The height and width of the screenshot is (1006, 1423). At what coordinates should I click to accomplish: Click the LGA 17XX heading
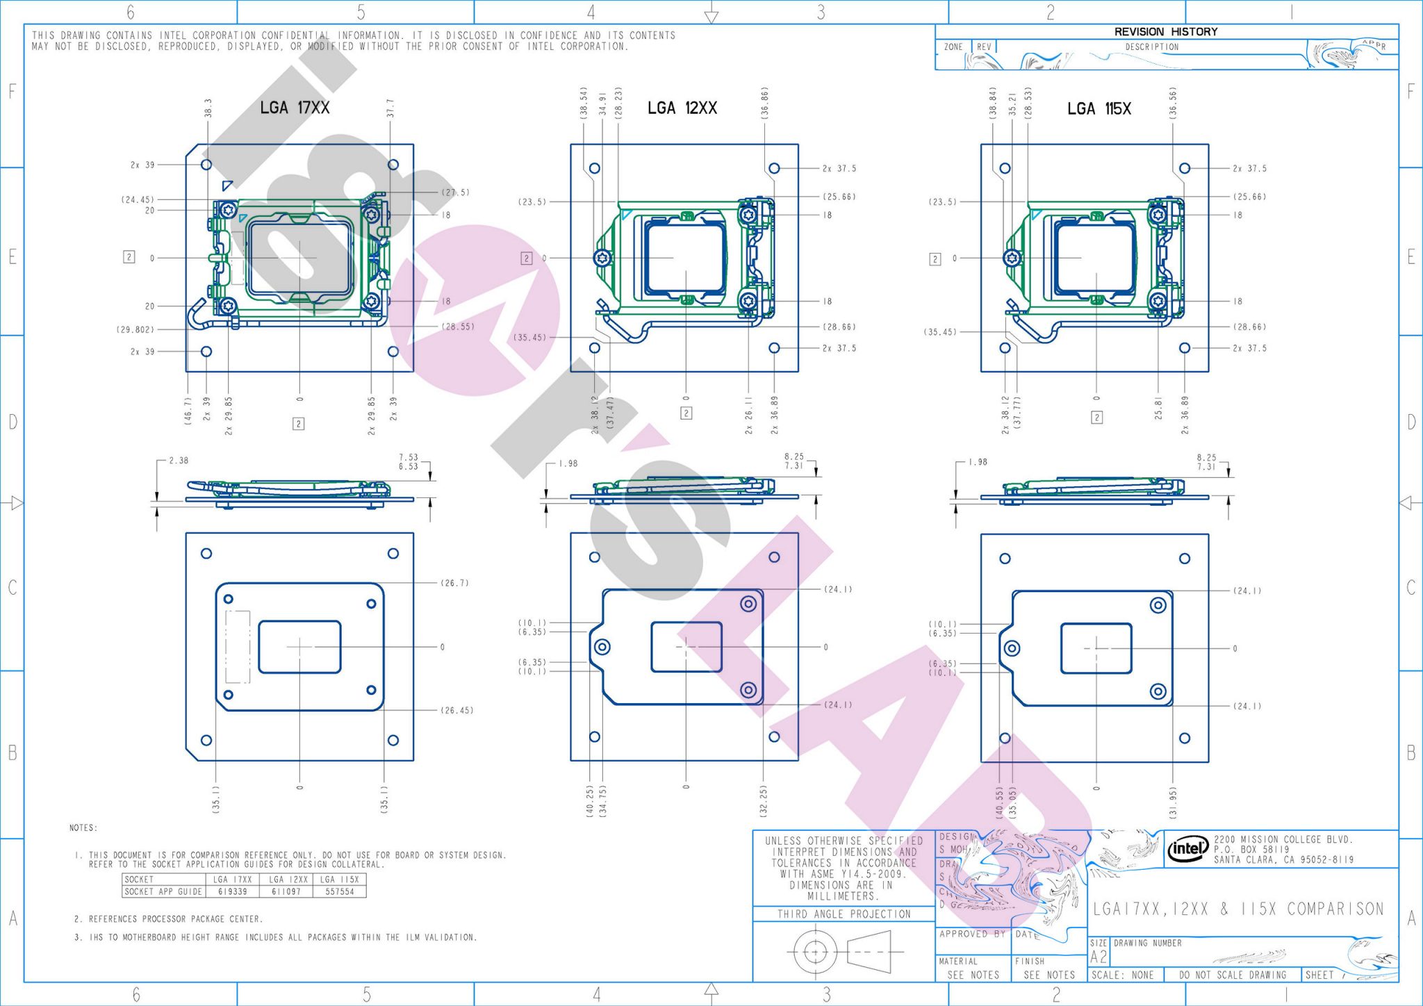[x=295, y=108]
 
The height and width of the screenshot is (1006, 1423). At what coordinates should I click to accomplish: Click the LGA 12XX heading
[x=682, y=108]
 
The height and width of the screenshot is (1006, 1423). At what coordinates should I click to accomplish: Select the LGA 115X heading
[x=1099, y=109]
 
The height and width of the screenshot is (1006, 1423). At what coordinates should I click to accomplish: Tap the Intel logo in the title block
[x=1187, y=848]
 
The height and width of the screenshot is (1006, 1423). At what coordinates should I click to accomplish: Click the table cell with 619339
[x=232, y=891]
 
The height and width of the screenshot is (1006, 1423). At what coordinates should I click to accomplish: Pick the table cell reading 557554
[x=340, y=891]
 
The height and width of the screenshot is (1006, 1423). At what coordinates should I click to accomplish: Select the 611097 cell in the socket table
[x=286, y=891]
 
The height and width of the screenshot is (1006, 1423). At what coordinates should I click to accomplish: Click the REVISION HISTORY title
[x=1165, y=32]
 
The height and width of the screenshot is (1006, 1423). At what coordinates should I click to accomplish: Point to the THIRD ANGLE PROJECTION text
[x=844, y=914]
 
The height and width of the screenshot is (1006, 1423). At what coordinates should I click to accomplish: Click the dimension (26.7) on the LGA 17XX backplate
[x=455, y=583]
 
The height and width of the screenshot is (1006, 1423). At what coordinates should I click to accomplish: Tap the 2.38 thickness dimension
[x=179, y=461]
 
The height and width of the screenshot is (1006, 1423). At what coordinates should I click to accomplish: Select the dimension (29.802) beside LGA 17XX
[x=135, y=329]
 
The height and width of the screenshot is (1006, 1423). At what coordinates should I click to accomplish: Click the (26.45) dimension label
[x=456, y=710]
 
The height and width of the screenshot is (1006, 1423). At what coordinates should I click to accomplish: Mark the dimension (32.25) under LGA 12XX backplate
[x=764, y=800]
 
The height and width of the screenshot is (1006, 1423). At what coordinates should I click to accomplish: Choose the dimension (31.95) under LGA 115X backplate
[x=1174, y=802]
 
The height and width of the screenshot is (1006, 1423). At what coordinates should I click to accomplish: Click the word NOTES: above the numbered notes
[x=83, y=828]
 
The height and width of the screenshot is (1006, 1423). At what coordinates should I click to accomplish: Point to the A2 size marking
[x=1099, y=957]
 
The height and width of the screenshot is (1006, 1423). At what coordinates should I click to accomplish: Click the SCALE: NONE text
[x=1122, y=975]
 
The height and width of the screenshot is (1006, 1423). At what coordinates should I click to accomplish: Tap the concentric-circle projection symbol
[x=815, y=952]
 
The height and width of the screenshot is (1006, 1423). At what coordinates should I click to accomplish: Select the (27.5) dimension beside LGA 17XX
[x=455, y=192]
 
